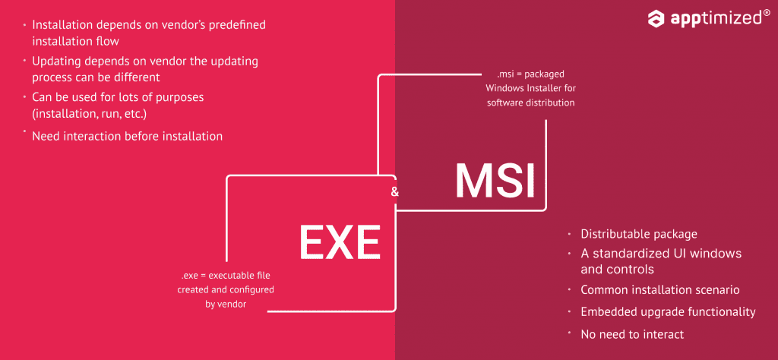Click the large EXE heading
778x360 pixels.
[x=339, y=242]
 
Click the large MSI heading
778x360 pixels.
[x=495, y=182]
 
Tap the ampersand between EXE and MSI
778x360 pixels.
[x=394, y=192]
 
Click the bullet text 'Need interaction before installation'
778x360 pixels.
[x=127, y=136]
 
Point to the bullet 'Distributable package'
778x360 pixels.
[x=639, y=234]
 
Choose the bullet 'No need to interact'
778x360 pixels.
[x=632, y=334]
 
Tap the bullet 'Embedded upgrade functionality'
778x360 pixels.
[x=668, y=311]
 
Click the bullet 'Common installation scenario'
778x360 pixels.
[x=660, y=289]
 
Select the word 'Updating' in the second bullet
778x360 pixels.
[x=57, y=61]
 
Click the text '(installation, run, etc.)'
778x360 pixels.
[x=89, y=114]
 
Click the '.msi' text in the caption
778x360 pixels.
[x=507, y=74]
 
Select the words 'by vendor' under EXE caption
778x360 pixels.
[x=226, y=304]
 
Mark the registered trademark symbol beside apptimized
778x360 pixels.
[x=766, y=13]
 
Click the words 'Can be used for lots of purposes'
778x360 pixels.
[x=118, y=97]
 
